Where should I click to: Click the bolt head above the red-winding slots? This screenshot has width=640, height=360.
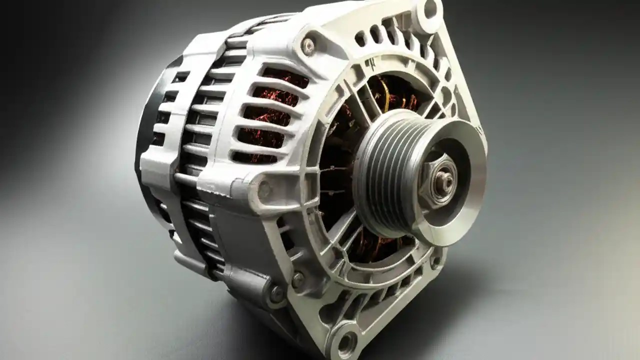(308, 46)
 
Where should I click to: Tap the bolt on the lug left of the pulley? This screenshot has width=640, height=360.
(264, 189)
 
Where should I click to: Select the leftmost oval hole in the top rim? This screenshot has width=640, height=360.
(360, 37)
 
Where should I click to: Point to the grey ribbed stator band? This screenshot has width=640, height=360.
(200, 150)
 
